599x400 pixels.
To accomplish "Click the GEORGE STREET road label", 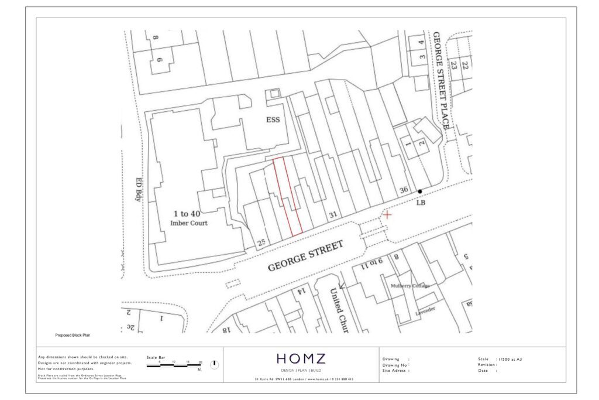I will pos(305,257).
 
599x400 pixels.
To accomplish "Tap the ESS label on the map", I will pos(273,120).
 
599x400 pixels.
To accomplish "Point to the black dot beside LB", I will pos(419,192).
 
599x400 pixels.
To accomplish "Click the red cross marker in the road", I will pos(387,215).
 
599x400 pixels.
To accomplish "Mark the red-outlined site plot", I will pos(288,196).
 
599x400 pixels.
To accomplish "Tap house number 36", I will pos(403,190).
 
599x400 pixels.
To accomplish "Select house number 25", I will pos(261,242).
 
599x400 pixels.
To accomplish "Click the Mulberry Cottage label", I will pos(410,286).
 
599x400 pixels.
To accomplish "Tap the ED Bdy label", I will pos(139,189).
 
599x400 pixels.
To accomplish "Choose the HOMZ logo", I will pos(301,359).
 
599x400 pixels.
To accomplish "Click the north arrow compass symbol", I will pos(214,364).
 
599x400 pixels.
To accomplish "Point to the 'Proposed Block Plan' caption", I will pos(73,336).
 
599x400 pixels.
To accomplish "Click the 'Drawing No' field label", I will pos(395,365).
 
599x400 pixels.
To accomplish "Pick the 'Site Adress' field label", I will pos(395,371).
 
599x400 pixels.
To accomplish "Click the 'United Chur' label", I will pos(338,310).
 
